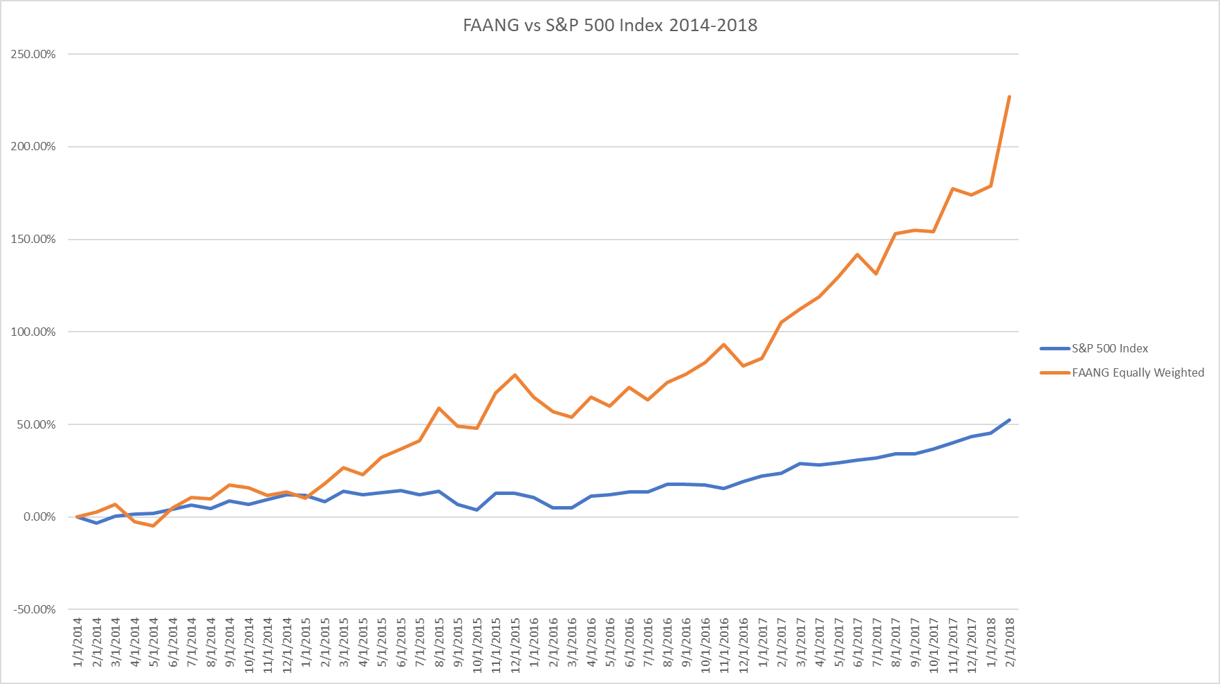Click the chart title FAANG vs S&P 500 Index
[x=609, y=25]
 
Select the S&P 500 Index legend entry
[x=1109, y=348]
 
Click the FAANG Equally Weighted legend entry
[x=1138, y=372]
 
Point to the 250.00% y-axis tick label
[x=33, y=54]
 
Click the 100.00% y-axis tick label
[x=33, y=332]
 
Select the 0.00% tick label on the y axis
[x=39, y=516]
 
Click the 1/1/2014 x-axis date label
[x=77, y=642]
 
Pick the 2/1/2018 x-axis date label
[x=1010, y=642]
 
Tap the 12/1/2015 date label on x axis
[x=515, y=642]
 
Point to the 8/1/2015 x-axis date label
[x=439, y=642]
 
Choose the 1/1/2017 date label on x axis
[x=762, y=642]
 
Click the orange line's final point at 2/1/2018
[x=1010, y=96]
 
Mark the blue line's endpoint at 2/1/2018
[x=1010, y=420]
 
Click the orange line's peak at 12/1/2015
[x=515, y=375]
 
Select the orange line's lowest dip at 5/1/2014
[x=154, y=526]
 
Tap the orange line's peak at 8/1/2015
[x=439, y=408]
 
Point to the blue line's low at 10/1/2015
[x=477, y=510]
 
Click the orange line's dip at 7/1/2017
[x=876, y=274]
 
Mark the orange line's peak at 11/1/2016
[x=724, y=344]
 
